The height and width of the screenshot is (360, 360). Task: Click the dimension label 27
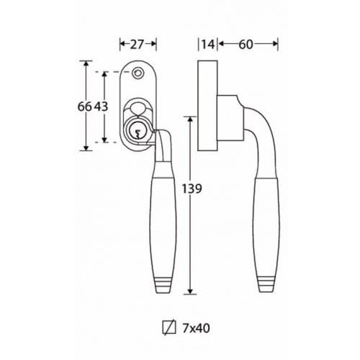click(137, 45)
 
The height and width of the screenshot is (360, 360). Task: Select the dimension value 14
click(208, 45)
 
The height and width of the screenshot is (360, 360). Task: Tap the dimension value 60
click(246, 45)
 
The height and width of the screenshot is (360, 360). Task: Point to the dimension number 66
click(84, 107)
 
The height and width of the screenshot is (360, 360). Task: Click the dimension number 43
click(101, 107)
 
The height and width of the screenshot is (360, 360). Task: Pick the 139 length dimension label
click(192, 189)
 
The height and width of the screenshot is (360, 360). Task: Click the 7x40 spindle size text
click(196, 328)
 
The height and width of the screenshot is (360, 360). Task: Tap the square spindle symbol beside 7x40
click(169, 328)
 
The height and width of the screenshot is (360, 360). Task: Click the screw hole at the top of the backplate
click(138, 73)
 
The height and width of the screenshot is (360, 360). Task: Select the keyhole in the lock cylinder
click(138, 135)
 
